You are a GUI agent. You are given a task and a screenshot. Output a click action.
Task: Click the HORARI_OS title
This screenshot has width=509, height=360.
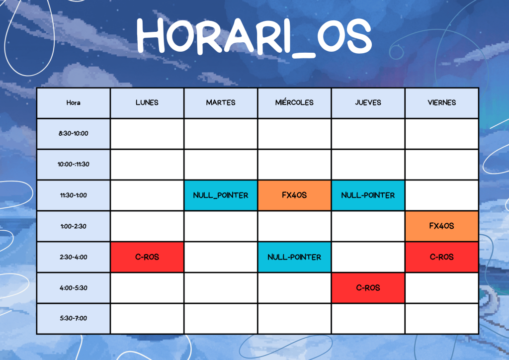point(254,36)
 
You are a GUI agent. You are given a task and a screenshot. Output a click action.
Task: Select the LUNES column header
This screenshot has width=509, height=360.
point(147,103)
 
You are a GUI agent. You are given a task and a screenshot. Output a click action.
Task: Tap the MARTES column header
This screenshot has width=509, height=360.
point(221,103)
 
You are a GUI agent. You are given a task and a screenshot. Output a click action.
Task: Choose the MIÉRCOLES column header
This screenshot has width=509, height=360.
point(294,103)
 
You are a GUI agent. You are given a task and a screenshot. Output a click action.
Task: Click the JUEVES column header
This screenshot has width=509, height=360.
point(368,103)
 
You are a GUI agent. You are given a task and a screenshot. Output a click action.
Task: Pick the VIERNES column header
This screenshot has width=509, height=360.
point(442,103)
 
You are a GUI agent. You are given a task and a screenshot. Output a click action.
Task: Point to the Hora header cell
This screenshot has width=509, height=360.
point(74,103)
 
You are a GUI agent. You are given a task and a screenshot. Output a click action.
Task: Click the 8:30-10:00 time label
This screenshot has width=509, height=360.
point(74,133)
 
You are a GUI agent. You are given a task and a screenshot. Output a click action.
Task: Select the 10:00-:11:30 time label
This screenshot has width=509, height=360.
point(74,164)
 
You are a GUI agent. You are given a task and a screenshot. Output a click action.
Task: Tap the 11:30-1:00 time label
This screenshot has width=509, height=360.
point(74,195)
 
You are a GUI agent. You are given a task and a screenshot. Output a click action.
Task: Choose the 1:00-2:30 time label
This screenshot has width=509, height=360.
point(74,226)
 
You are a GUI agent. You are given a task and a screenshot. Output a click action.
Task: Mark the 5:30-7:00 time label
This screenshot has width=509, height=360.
point(74,318)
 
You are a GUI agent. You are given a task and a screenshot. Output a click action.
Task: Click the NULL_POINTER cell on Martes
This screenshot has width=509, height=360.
point(221,195)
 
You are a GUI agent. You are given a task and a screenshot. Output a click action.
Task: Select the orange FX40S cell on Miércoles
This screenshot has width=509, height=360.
point(294,195)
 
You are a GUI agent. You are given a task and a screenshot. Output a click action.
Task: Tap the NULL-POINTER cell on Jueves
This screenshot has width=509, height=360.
point(368,195)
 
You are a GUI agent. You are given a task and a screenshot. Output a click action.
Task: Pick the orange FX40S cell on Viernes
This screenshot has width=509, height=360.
point(442,226)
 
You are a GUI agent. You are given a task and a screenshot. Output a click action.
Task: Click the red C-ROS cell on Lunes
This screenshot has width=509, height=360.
point(147,257)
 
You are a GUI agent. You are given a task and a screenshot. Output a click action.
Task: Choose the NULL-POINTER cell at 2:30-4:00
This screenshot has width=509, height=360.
point(294,257)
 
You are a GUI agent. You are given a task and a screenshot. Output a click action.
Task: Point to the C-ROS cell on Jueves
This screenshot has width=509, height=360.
point(368,288)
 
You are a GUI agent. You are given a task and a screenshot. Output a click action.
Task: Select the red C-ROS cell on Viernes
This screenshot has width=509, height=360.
point(442,257)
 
